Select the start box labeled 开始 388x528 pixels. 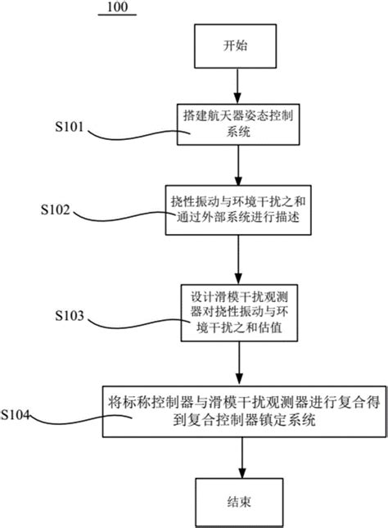click(x=238, y=47)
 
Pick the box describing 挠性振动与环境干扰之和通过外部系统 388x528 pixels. click(x=238, y=212)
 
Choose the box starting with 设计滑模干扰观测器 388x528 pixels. click(x=238, y=313)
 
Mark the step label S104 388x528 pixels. click(x=17, y=417)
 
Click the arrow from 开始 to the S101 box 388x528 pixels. click(x=238, y=85)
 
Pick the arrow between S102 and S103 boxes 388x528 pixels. click(x=238, y=262)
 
